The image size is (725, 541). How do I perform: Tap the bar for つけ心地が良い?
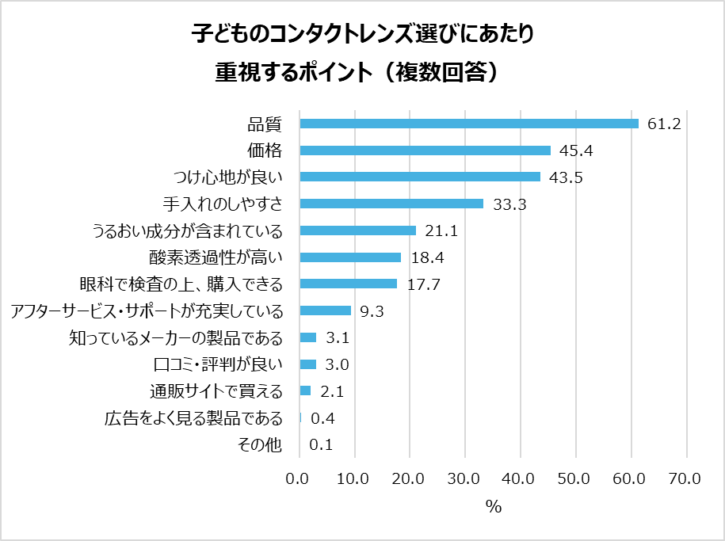[x=420, y=177]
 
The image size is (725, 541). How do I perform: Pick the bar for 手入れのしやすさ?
[x=391, y=204]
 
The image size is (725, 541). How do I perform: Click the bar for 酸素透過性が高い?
[x=350, y=257]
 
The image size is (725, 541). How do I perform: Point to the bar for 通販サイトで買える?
[x=305, y=391]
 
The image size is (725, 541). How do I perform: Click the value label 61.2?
[x=664, y=124]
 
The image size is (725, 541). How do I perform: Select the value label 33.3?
[x=509, y=204]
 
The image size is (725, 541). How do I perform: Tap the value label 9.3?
[x=372, y=311]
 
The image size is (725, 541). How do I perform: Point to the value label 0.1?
[x=320, y=445]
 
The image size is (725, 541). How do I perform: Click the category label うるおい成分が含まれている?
[x=188, y=230]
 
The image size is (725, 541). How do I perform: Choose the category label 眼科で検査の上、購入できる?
[x=181, y=284]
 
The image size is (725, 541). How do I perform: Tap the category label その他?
[x=260, y=445]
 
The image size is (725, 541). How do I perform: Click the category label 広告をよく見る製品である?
[x=193, y=418]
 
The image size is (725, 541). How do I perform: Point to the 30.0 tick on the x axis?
[x=464, y=478]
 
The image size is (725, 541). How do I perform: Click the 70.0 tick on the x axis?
[x=685, y=478]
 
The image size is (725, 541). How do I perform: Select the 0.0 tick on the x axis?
[x=299, y=478]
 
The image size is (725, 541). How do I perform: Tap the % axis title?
[x=494, y=508]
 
